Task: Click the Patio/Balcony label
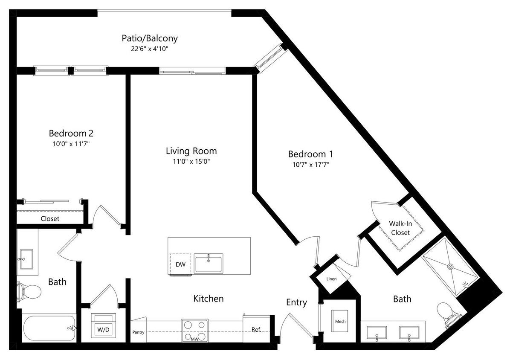click(x=149, y=38)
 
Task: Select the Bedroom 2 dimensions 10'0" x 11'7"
click(x=71, y=144)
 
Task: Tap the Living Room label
click(x=191, y=151)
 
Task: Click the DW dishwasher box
click(x=180, y=264)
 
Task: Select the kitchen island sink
click(x=208, y=263)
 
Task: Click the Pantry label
click(x=138, y=332)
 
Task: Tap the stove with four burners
click(x=195, y=330)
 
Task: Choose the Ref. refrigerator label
click(x=256, y=329)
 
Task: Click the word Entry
click(x=296, y=302)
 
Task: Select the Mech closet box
click(x=340, y=321)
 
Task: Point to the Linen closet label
click(x=331, y=279)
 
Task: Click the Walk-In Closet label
click(x=400, y=228)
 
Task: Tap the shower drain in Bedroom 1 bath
click(x=450, y=266)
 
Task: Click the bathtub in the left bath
click(x=49, y=328)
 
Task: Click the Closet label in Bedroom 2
click(x=50, y=219)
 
